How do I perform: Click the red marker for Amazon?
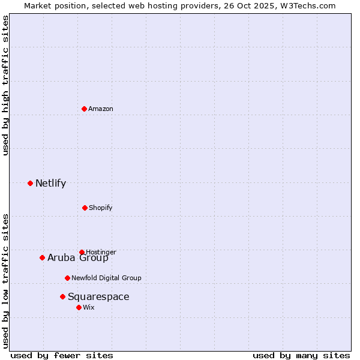click(x=84, y=109)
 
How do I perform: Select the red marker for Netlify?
click(x=30, y=183)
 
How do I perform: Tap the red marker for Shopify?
click(x=85, y=208)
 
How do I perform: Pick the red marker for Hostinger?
click(x=82, y=252)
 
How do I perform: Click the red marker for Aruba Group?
click(x=42, y=257)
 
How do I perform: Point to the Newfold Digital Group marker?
click(x=67, y=278)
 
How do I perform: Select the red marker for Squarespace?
click(x=62, y=296)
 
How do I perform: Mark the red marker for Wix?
click(x=79, y=307)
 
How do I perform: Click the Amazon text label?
click(x=101, y=109)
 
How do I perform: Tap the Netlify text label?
click(x=50, y=183)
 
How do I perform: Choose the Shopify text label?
click(x=101, y=208)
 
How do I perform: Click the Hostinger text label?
click(x=101, y=252)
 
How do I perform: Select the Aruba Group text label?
click(x=78, y=258)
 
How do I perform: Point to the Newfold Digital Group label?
click(x=106, y=278)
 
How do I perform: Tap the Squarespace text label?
click(x=98, y=296)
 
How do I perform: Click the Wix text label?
click(x=89, y=307)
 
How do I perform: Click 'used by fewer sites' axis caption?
click(x=62, y=355)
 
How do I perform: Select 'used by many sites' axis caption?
click(x=301, y=355)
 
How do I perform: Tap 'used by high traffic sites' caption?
click(x=6, y=85)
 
